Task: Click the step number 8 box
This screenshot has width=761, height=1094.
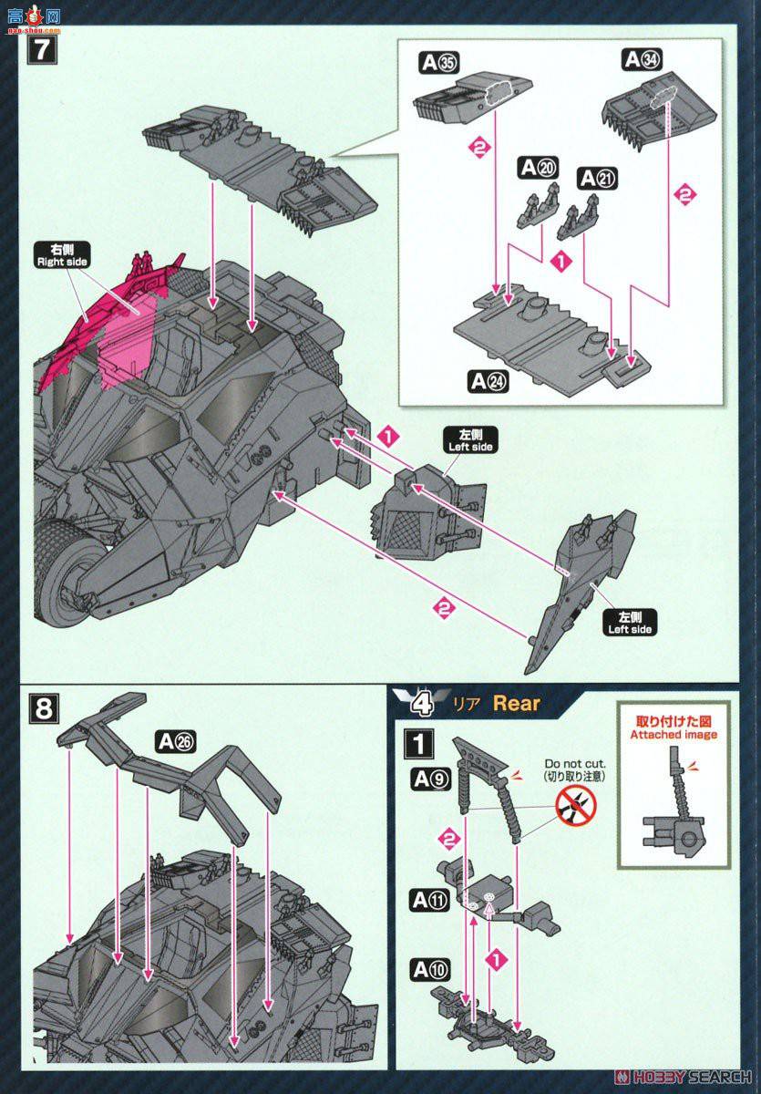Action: (x=42, y=707)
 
